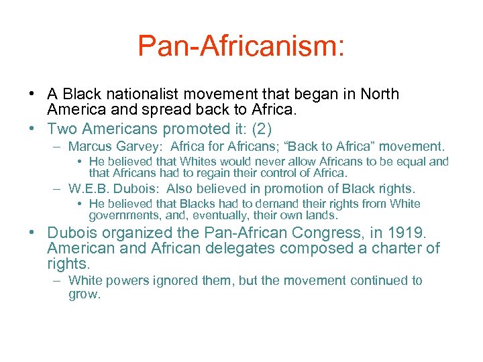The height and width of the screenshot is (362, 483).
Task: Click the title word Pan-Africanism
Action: (x=241, y=46)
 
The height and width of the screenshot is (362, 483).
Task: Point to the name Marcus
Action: (x=91, y=146)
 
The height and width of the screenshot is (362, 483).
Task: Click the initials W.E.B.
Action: (x=86, y=189)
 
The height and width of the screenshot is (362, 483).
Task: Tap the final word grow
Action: (x=84, y=294)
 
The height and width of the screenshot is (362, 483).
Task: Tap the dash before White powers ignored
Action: (x=58, y=281)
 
